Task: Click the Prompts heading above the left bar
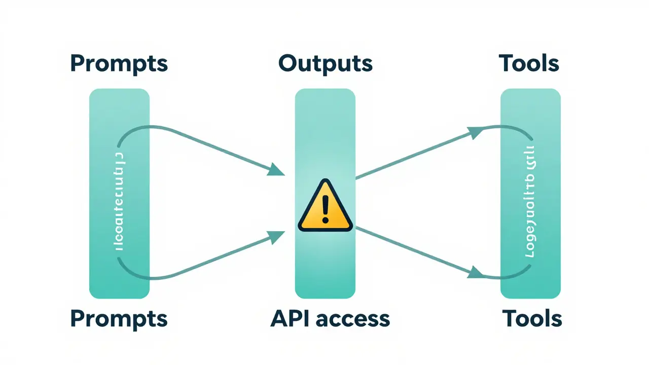click(x=119, y=64)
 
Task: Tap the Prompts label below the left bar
click(x=119, y=319)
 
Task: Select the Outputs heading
click(x=325, y=63)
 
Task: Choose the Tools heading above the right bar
click(x=529, y=63)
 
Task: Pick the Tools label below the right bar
click(x=532, y=319)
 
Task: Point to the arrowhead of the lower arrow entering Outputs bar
click(x=276, y=236)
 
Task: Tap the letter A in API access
click(x=279, y=318)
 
